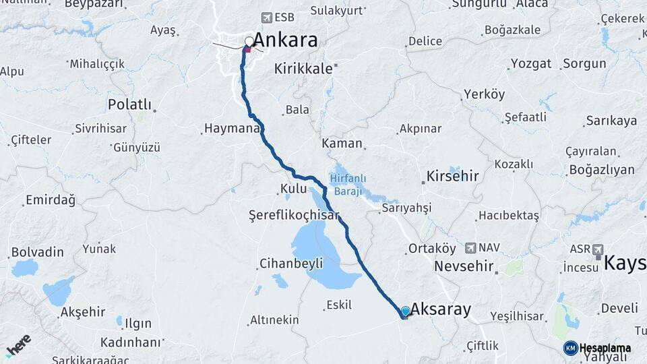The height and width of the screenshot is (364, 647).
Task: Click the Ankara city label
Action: click(285, 40)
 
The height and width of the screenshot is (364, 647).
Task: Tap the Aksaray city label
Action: click(440, 310)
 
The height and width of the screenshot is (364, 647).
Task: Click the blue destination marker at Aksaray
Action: click(405, 311)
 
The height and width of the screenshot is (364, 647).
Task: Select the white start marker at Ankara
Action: click(249, 42)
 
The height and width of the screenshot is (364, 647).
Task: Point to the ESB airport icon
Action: click(267, 18)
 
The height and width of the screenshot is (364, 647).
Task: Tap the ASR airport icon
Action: click(597, 249)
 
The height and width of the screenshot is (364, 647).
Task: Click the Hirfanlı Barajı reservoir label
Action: click(348, 184)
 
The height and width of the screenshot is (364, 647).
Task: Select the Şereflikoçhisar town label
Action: click(294, 216)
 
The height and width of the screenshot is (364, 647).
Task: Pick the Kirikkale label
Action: click(303, 69)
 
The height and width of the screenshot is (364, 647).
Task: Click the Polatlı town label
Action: click(129, 105)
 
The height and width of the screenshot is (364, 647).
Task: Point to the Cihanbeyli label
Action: click(291, 264)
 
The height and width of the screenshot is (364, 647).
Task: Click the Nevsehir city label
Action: click(464, 266)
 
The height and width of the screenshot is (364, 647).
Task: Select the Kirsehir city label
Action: click(452, 177)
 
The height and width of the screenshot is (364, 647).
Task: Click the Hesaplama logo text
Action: click(605, 348)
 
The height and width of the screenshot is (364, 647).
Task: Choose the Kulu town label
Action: click(294, 189)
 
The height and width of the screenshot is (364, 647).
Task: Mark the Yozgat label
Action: click(530, 64)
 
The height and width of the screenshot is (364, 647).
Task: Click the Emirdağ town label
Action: click(50, 200)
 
